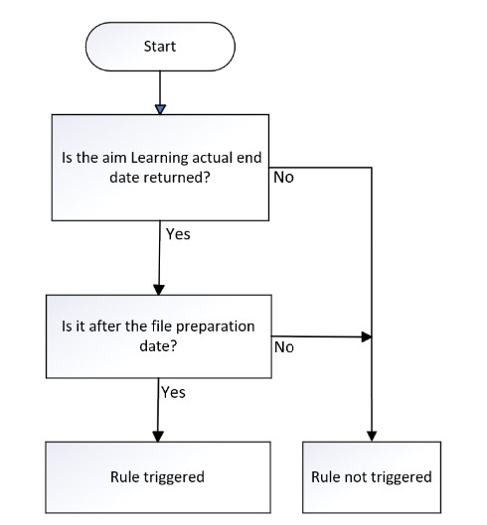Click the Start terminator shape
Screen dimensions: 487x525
tap(160, 47)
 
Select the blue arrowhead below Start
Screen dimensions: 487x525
tap(160, 109)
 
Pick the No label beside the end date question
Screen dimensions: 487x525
tap(283, 178)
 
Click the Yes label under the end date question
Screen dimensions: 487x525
tap(178, 234)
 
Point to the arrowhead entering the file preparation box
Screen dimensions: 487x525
tap(159, 290)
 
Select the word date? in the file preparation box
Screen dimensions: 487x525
tap(158, 346)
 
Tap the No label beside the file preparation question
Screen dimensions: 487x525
tap(284, 347)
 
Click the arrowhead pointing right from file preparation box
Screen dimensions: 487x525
tap(367, 336)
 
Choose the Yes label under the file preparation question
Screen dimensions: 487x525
tap(173, 392)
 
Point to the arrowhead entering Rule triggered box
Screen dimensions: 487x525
tap(158, 437)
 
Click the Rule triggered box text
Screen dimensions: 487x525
tap(157, 477)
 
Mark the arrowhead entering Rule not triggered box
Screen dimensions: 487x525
tap(372, 437)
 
